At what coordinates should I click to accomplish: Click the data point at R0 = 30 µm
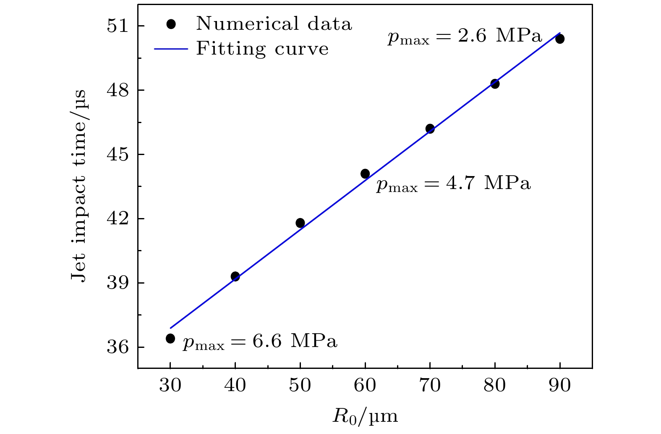[170, 338]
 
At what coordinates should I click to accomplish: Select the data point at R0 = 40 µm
[235, 276]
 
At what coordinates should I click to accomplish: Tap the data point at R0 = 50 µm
[300, 223]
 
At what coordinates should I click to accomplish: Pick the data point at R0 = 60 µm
[365, 174]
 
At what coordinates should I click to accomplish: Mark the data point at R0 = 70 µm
[430, 129]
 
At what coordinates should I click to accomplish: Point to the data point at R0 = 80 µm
[495, 84]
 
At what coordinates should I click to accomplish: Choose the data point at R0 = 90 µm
[560, 39]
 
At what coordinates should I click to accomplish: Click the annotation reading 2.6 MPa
[465, 37]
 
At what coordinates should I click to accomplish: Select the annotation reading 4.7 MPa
[453, 184]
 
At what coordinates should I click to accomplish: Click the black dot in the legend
[170, 24]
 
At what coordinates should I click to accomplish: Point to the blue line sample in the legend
[170, 49]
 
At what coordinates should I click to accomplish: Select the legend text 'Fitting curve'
[262, 49]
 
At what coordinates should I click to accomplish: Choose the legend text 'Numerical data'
[274, 24]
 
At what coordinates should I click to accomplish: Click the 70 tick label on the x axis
[430, 385]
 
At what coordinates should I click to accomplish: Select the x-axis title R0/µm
[365, 416]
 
